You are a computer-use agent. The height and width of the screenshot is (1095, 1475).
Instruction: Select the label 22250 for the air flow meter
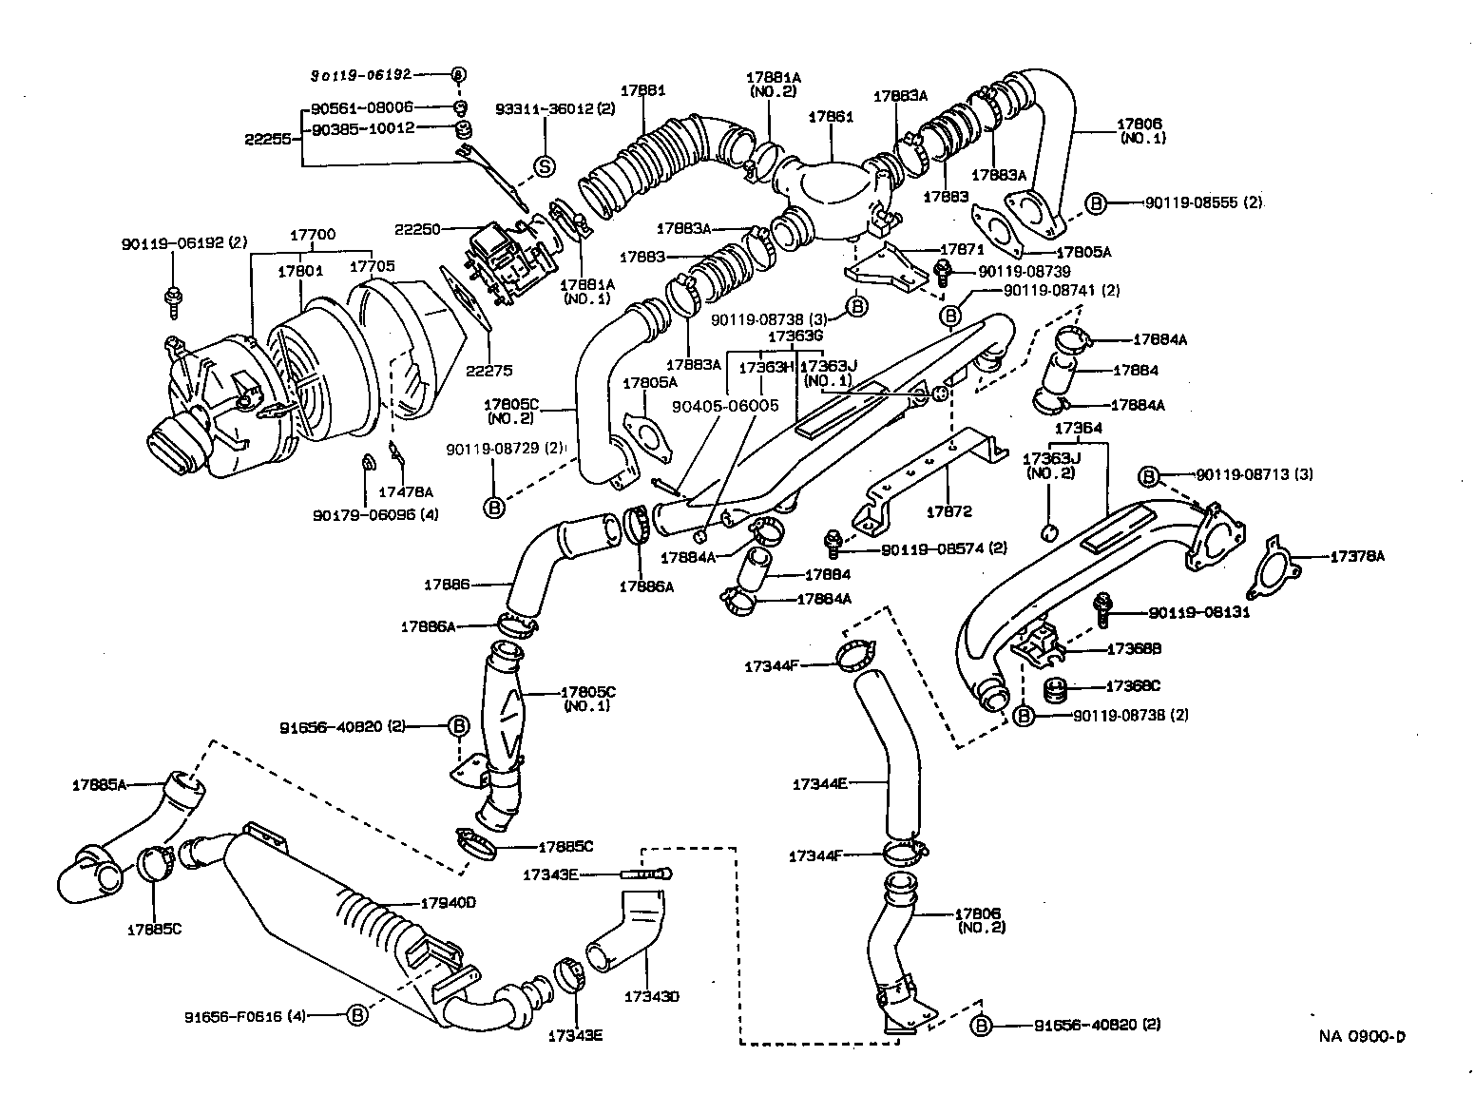[x=415, y=228]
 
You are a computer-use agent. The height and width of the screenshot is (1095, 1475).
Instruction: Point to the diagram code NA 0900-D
[x=1361, y=1036]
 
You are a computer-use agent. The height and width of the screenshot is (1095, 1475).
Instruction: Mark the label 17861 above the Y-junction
[x=831, y=118]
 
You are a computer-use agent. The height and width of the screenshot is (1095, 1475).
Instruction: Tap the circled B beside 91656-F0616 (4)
[x=357, y=1016]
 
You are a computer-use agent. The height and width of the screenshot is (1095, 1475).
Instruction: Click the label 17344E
[x=818, y=784]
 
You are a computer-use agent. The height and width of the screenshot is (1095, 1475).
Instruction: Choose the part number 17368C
[x=1133, y=685]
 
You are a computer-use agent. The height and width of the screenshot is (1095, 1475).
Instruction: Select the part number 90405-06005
[x=724, y=406]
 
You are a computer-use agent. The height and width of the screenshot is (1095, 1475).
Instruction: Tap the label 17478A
[x=406, y=491]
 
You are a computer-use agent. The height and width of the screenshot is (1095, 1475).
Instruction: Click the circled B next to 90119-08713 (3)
[x=1148, y=474]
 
